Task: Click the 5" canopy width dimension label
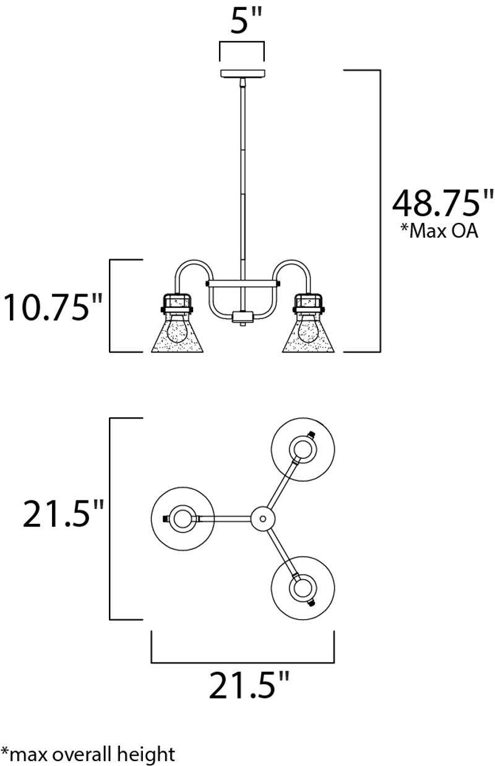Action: click(242, 22)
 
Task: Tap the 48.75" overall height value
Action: click(443, 202)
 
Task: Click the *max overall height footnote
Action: click(88, 754)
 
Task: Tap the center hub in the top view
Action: click(263, 518)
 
